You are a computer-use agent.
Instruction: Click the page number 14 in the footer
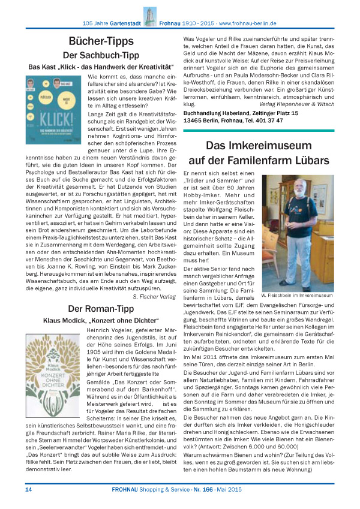pyautogui.click(x=28, y=490)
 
